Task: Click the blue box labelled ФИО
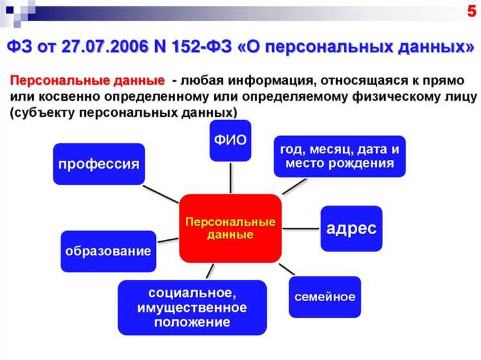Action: pos(230,140)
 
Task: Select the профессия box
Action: pos(98,164)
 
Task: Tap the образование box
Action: pos(108,251)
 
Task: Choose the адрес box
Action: pos(351,228)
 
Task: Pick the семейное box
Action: pos(325,296)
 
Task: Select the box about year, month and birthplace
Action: pos(339,157)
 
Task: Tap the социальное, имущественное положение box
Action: pos(192,307)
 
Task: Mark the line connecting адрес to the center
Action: pos(300,228)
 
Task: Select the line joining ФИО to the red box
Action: pos(230,176)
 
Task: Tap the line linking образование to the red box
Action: pos(167,240)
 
